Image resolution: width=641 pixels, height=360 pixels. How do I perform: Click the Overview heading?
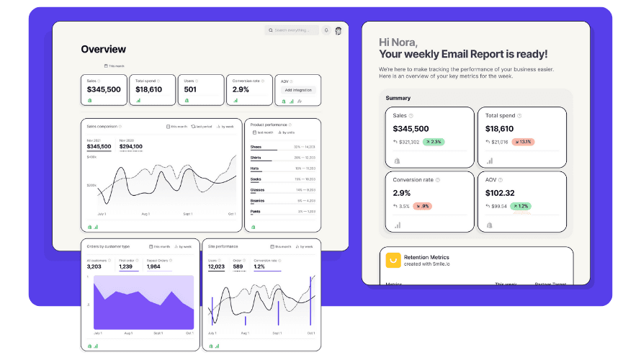pyautogui.click(x=103, y=50)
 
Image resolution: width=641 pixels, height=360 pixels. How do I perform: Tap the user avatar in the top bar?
pyautogui.click(x=339, y=30)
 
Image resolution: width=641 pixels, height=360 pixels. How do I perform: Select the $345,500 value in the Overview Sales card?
pyautogui.click(x=104, y=89)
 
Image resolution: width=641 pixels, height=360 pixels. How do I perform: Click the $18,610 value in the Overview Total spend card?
pyautogui.click(x=149, y=89)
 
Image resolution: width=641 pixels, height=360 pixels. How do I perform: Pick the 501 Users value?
pyautogui.click(x=190, y=89)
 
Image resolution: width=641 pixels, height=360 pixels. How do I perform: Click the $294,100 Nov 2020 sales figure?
pyautogui.click(x=131, y=146)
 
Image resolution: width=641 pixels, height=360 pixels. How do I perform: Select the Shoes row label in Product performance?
pyautogui.click(x=256, y=147)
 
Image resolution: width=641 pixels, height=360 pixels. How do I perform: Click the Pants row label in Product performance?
pyautogui.click(x=255, y=211)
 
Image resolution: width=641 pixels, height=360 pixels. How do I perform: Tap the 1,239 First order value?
pyautogui.click(x=126, y=266)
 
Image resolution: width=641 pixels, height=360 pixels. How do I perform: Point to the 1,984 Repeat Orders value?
pyautogui.click(x=153, y=266)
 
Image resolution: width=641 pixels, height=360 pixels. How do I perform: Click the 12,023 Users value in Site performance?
pyautogui.click(x=216, y=266)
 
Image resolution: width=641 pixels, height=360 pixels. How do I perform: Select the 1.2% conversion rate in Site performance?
pyautogui.click(x=259, y=266)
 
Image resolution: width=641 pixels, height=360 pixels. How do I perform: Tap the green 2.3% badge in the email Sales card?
pyautogui.click(x=434, y=142)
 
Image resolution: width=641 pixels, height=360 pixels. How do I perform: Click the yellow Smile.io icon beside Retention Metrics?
pyautogui.click(x=393, y=260)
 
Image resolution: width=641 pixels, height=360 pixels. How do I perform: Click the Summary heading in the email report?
pyautogui.click(x=398, y=98)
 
